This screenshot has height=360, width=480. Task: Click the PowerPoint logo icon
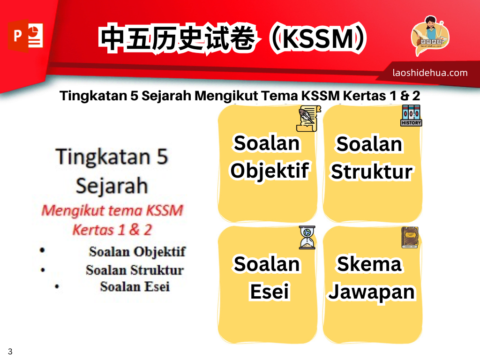(x=25, y=36)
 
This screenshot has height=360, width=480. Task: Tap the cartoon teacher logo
(x=430, y=36)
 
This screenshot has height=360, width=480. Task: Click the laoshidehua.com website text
(x=430, y=73)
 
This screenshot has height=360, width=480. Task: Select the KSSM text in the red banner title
(x=318, y=38)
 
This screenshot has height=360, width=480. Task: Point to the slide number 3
(x=10, y=351)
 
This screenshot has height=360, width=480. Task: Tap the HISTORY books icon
(x=411, y=115)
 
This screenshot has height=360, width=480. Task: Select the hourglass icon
(x=307, y=238)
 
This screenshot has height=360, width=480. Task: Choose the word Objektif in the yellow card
(x=270, y=171)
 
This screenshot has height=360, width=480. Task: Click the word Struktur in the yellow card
(x=372, y=172)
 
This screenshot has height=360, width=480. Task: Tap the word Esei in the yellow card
(x=270, y=292)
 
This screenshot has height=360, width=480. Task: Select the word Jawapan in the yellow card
(x=372, y=292)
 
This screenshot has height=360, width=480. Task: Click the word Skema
(x=369, y=264)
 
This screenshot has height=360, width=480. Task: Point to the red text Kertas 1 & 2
(x=112, y=230)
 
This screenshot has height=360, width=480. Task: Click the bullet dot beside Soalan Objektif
(x=42, y=250)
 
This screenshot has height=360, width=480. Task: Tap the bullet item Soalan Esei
(x=135, y=287)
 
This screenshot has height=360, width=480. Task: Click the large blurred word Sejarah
(x=112, y=186)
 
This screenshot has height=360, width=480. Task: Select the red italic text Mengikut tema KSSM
(x=112, y=210)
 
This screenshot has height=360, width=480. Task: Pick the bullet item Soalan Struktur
(x=135, y=270)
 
